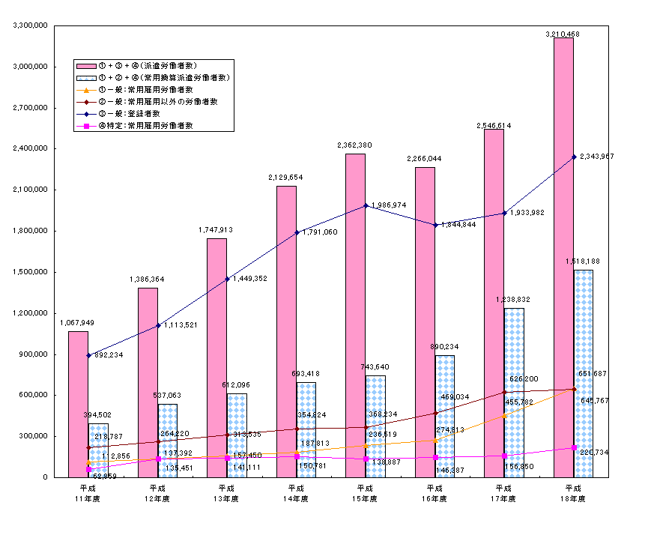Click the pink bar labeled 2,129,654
286,330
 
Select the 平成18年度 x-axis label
573,493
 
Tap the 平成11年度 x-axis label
88,493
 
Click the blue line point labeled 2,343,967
574,157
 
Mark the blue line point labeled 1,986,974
366,205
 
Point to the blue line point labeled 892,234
88,355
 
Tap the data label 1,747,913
217,229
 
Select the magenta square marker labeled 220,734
574,447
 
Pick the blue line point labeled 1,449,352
227,279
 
